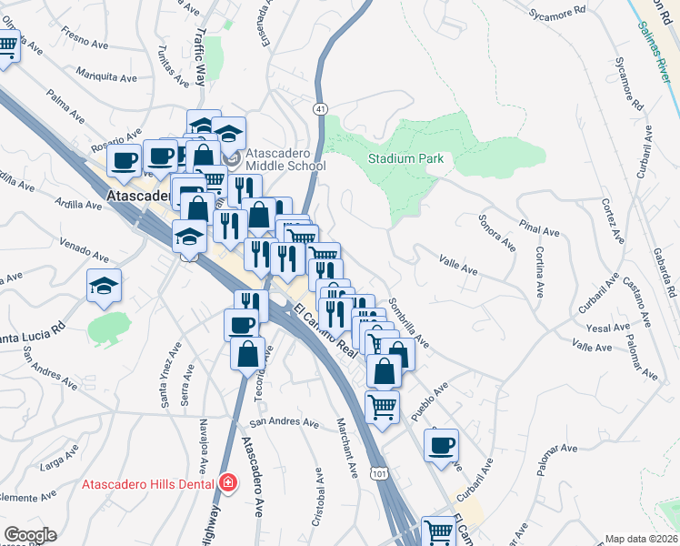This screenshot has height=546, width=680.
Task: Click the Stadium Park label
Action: point(405,158)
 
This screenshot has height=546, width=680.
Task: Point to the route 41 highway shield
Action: point(321,108)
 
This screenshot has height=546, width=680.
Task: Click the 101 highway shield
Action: point(379,474)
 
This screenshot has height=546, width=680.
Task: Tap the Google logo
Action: point(29,535)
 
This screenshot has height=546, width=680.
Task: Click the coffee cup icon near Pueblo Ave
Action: point(442,445)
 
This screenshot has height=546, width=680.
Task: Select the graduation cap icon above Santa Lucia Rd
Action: point(105,286)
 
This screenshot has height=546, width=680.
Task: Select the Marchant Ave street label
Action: point(348,449)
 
